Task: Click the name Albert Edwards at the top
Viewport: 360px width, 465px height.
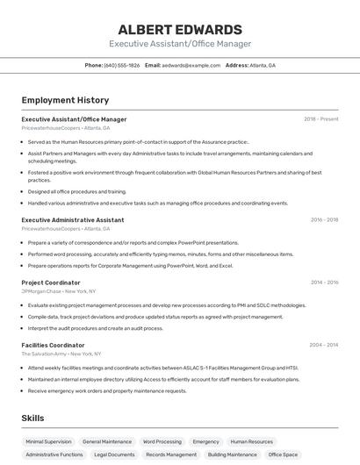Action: (x=180, y=29)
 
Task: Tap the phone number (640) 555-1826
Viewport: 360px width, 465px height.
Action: (x=121, y=65)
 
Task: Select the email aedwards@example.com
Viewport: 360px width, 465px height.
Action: (x=191, y=65)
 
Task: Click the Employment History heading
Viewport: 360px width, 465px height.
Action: (x=65, y=100)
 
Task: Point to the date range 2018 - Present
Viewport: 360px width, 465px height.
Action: (x=320, y=119)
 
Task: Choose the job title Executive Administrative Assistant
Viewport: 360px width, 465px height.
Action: (x=73, y=220)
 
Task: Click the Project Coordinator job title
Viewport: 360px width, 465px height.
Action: (x=51, y=283)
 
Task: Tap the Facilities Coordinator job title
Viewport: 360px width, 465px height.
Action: (x=54, y=346)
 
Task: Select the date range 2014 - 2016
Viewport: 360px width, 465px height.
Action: (x=324, y=283)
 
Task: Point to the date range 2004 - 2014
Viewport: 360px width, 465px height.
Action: (x=324, y=346)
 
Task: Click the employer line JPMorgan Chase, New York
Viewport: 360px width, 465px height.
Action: (x=59, y=291)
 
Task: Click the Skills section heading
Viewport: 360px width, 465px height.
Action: (x=32, y=418)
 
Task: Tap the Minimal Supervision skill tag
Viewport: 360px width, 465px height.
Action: (x=48, y=442)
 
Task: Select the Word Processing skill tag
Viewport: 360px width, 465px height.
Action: (x=162, y=442)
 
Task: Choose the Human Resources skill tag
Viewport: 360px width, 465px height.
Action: (x=252, y=442)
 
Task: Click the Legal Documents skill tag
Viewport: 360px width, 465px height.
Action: (x=114, y=455)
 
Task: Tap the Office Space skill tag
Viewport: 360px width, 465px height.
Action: (x=283, y=455)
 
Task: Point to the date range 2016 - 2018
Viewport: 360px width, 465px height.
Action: (x=324, y=220)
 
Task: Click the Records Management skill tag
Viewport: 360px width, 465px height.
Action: (x=171, y=455)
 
